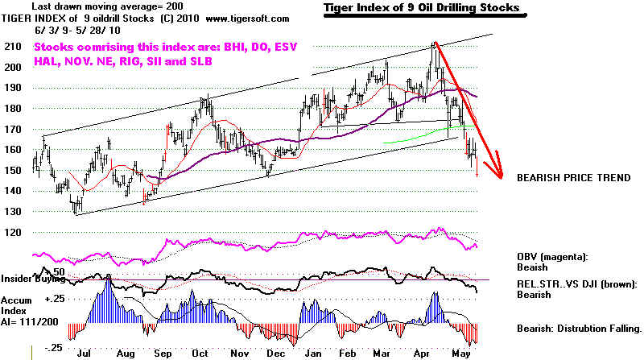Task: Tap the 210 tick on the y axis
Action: pyautogui.click(x=14, y=47)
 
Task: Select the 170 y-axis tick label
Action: pyautogui.click(x=14, y=129)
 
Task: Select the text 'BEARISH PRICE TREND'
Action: pyautogui.click(x=574, y=177)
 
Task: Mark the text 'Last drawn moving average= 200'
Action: pyautogui.click(x=89, y=6)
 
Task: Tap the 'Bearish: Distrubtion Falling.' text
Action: pyautogui.click(x=580, y=329)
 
